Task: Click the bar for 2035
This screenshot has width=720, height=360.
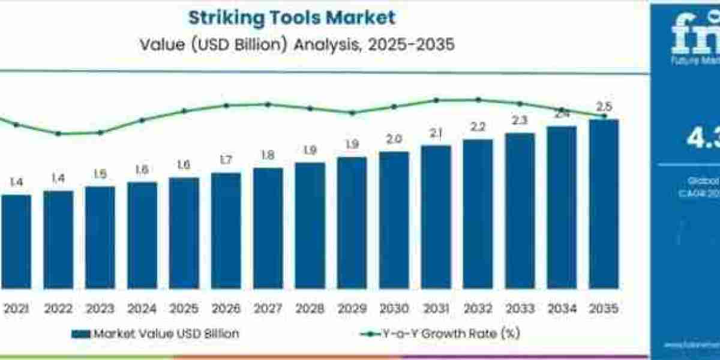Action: pyautogui.click(x=604, y=204)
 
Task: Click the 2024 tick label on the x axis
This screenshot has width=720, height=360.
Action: pyautogui.click(x=142, y=309)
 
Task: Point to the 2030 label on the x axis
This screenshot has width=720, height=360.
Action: pyautogui.click(x=394, y=309)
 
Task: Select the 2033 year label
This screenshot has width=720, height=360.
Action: pyautogui.click(x=520, y=309)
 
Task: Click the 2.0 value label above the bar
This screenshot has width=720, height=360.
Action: pyautogui.click(x=394, y=139)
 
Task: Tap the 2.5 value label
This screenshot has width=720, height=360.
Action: pyautogui.click(x=604, y=107)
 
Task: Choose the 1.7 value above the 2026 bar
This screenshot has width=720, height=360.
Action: pyautogui.click(x=226, y=160)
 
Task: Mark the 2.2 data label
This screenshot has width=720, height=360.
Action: pyautogui.click(x=478, y=127)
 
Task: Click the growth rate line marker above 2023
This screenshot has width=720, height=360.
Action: pyautogui.click(x=100, y=133)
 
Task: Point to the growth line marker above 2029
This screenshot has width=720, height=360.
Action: pyautogui.click(x=352, y=113)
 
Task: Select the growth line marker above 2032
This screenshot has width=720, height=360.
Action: pyautogui.click(x=478, y=100)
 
